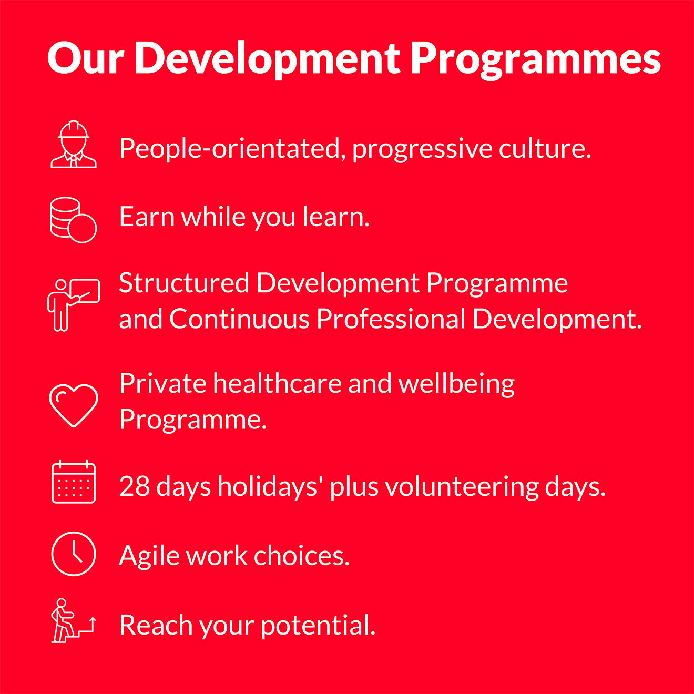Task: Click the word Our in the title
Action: pyautogui.click(x=86, y=58)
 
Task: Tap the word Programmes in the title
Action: pyautogui.click(x=536, y=60)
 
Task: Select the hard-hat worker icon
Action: pyautogui.click(x=74, y=144)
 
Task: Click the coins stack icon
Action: pyautogui.click(x=74, y=220)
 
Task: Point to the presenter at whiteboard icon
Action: pyautogui.click(x=74, y=305)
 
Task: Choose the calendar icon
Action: pyautogui.click(x=74, y=482)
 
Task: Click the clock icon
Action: pyautogui.click(x=74, y=554)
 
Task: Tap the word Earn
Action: pyautogui.click(x=147, y=217)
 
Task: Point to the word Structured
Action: pyautogui.click(x=184, y=283)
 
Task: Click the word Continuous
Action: pyautogui.click(x=240, y=319)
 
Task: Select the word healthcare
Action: pyautogui.click(x=277, y=383)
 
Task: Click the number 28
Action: pyautogui.click(x=135, y=486)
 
